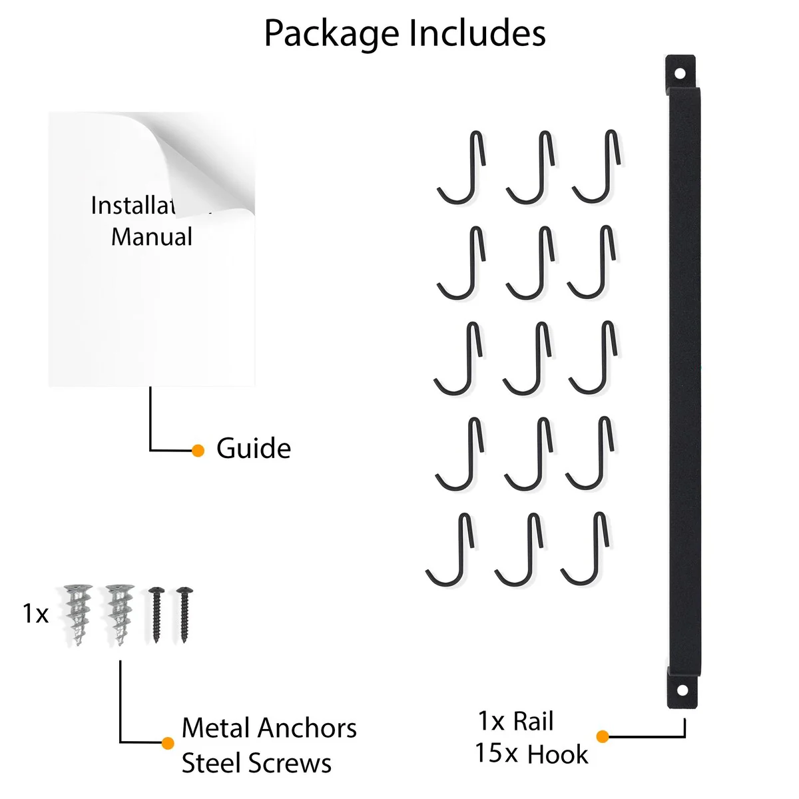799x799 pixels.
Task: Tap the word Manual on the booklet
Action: [x=152, y=237]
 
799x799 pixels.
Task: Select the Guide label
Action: [x=254, y=449]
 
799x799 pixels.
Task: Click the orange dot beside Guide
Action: [x=198, y=451]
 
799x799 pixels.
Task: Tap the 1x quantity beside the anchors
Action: [x=35, y=613]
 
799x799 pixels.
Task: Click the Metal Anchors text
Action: [x=269, y=728]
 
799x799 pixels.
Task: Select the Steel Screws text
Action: [x=256, y=763]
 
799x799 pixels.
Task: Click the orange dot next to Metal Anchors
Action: [x=168, y=743]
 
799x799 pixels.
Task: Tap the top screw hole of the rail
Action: [x=680, y=73]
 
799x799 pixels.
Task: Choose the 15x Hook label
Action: [x=531, y=754]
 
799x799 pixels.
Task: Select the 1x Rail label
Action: [x=515, y=721]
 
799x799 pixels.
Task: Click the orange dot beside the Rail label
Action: [x=603, y=736]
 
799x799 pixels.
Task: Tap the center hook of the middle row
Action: [x=528, y=360]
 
